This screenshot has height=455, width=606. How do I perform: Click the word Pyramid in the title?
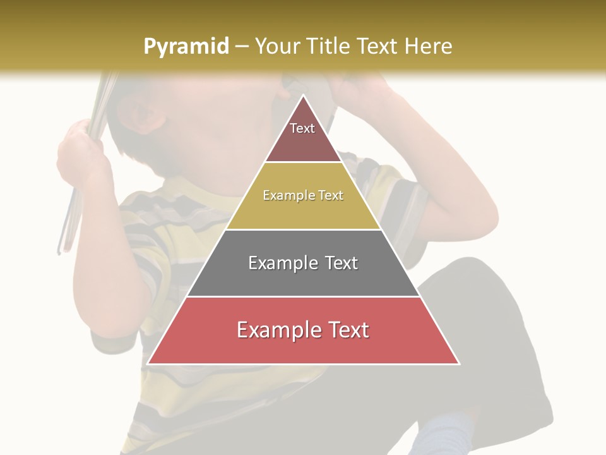(x=186, y=46)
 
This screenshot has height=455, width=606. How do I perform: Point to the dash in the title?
(x=242, y=47)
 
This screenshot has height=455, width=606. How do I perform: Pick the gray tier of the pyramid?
(x=303, y=278)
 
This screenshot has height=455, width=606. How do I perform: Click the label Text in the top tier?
(x=302, y=128)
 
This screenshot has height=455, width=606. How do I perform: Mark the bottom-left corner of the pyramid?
(x=148, y=364)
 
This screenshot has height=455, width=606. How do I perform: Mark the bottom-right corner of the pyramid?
(x=459, y=364)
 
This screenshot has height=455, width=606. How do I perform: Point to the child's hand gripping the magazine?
(x=79, y=152)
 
